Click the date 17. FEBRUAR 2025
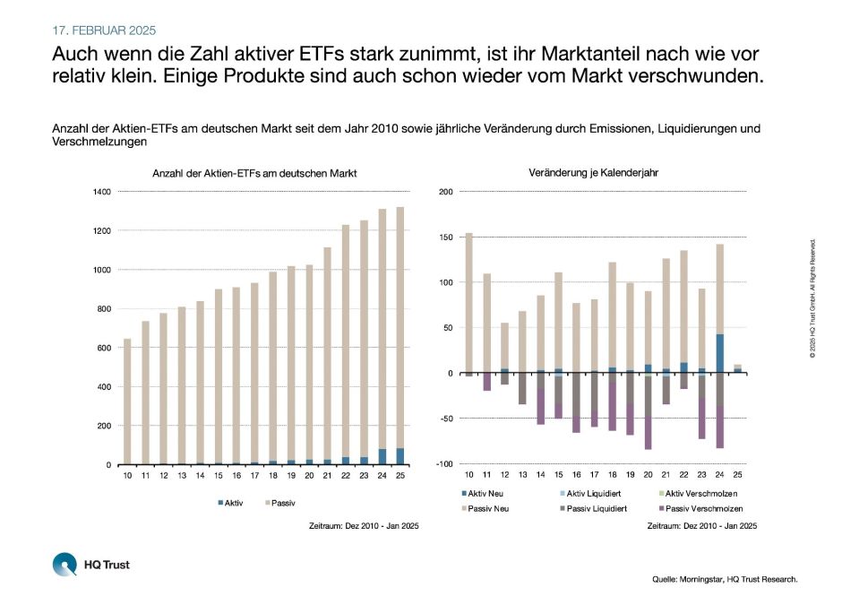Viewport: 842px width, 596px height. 104,30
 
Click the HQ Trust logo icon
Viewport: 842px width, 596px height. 65,565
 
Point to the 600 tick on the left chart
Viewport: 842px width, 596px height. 104,348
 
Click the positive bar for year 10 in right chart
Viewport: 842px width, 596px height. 468,303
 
